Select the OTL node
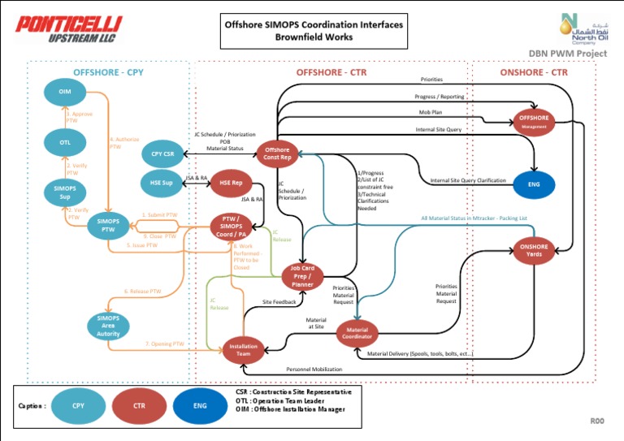click(x=64, y=144)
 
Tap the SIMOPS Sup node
click(x=64, y=192)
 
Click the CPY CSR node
click(x=162, y=153)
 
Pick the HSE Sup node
click(x=162, y=183)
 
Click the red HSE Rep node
click(x=232, y=183)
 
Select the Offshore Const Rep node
click(x=277, y=153)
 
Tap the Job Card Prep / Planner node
click(x=302, y=276)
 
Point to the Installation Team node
click(x=243, y=349)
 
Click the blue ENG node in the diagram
click(x=534, y=184)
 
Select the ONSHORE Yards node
click(x=534, y=250)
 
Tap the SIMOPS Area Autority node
click(x=108, y=326)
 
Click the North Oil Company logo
click(x=578, y=28)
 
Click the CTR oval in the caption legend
click(x=139, y=404)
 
